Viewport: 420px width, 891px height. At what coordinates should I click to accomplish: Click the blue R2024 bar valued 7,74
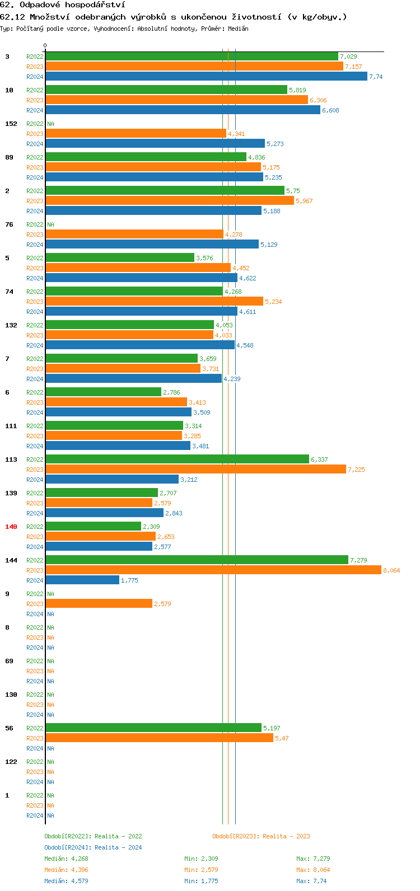click(x=206, y=77)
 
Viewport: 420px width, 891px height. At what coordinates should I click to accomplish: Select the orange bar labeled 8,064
click(x=213, y=570)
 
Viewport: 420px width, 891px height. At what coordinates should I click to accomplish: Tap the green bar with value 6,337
click(x=177, y=459)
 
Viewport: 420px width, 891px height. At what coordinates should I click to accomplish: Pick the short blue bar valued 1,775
click(x=82, y=580)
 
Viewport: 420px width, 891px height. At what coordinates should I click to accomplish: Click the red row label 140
click(x=11, y=527)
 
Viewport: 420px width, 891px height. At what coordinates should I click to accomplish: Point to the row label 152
click(x=11, y=124)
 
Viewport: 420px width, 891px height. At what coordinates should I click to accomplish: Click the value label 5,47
click(x=282, y=738)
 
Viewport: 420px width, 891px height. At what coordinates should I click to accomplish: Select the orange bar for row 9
click(x=99, y=604)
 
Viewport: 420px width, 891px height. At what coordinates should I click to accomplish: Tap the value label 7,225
click(x=356, y=470)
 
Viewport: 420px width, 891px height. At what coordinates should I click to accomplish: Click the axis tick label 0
click(x=45, y=46)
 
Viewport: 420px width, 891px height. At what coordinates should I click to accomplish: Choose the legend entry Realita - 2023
click(x=286, y=836)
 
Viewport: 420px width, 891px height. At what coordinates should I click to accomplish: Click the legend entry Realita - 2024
click(x=118, y=847)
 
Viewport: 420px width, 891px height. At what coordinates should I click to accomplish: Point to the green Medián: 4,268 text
click(x=66, y=859)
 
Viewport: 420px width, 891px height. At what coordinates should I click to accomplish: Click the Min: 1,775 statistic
click(x=201, y=881)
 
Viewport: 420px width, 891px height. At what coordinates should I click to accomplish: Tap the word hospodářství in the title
click(x=95, y=5)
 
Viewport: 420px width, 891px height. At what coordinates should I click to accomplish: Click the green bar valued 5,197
click(x=153, y=728)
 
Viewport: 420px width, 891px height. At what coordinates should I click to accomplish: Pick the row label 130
click(x=11, y=695)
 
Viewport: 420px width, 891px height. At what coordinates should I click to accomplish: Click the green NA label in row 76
click(x=50, y=224)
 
